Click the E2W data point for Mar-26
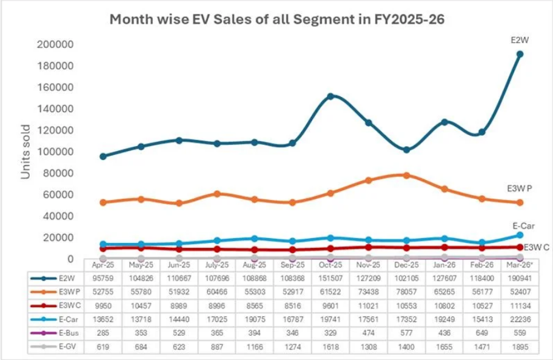click(x=520, y=54)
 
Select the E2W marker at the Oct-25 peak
click(x=330, y=96)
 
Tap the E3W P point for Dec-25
click(x=406, y=175)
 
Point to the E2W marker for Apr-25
click(x=103, y=156)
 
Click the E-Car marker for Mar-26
click(x=520, y=235)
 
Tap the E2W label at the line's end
click(x=520, y=40)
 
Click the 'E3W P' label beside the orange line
click(x=520, y=188)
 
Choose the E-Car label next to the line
click(x=523, y=225)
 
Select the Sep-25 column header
click(x=292, y=264)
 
